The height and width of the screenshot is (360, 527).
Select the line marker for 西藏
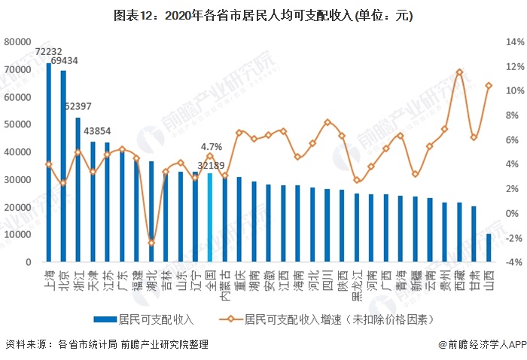click(x=459, y=72)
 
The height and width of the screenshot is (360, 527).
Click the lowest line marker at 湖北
click(x=151, y=243)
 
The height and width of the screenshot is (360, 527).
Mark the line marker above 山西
click(x=489, y=86)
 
